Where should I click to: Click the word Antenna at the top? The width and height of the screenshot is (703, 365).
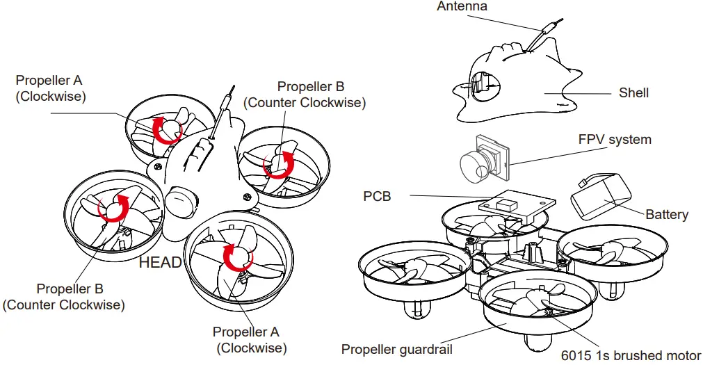pyautogui.click(x=462, y=6)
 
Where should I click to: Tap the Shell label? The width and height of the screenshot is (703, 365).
pyautogui.click(x=633, y=92)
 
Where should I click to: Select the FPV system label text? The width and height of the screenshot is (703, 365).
pyautogui.click(x=615, y=140)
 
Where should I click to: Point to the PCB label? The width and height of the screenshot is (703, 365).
pyautogui.click(x=377, y=197)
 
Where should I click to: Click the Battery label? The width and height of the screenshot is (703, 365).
pyautogui.click(x=666, y=214)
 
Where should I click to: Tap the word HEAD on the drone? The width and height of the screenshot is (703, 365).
pyautogui.click(x=160, y=263)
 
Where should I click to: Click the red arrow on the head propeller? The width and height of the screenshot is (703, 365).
pyautogui.click(x=236, y=257)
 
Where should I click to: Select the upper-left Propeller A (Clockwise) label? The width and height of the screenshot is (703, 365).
pyautogui.click(x=50, y=89)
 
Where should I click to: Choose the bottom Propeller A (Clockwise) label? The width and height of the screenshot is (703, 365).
pyautogui.click(x=250, y=340)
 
